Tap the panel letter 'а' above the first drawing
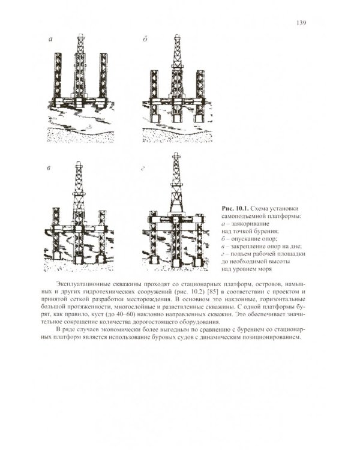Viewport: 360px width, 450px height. (x=51, y=39)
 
